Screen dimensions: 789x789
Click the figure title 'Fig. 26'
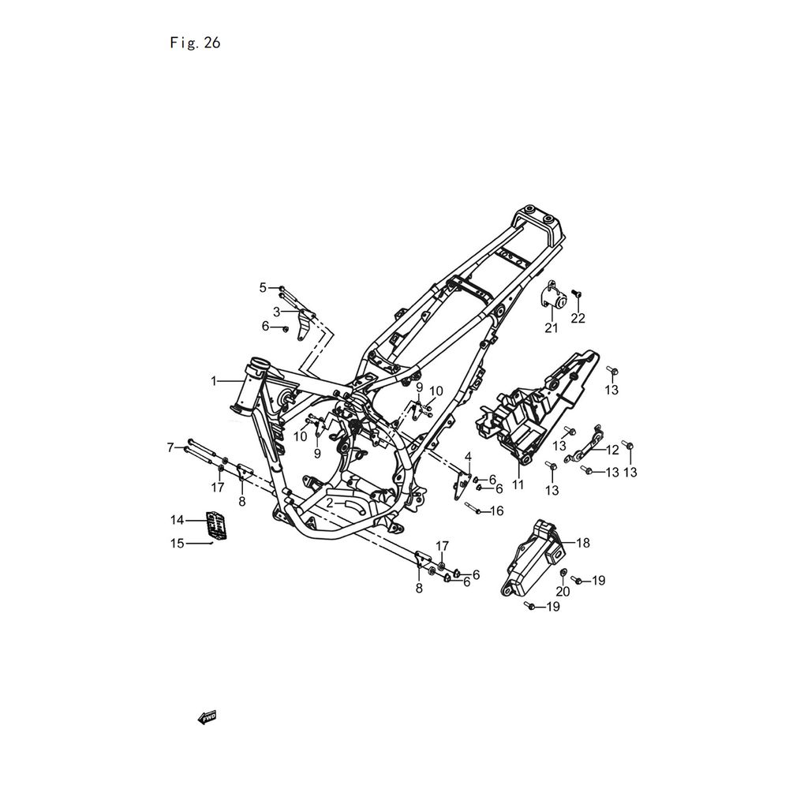[195, 43]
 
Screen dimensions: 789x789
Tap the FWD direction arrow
[208, 717]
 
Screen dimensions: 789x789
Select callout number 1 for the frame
[214, 381]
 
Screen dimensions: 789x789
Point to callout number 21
[552, 328]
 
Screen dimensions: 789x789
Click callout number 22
[578, 318]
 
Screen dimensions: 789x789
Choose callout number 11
[518, 484]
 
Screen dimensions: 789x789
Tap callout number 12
[612, 450]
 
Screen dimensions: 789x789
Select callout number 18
[583, 543]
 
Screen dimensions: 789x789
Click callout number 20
[563, 592]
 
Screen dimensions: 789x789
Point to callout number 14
[177, 520]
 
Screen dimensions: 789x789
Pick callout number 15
[177, 544]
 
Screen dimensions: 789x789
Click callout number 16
[496, 511]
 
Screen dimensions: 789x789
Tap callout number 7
[170, 447]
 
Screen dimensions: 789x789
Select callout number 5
[263, 287]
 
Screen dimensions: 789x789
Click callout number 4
[468, 457]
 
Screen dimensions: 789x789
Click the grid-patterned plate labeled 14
[216, 525]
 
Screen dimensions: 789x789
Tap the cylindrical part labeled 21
[552, 298]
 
